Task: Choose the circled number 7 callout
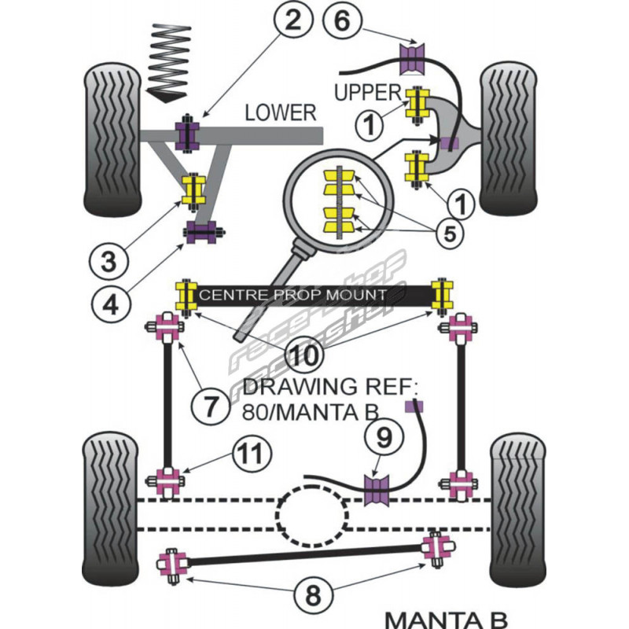[211, 406]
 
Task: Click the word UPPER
[368, 92]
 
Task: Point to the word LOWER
[279, 112]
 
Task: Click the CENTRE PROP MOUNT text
[293, 295]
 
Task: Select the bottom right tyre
[517, 512]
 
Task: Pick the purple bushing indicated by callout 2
[189, 135]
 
